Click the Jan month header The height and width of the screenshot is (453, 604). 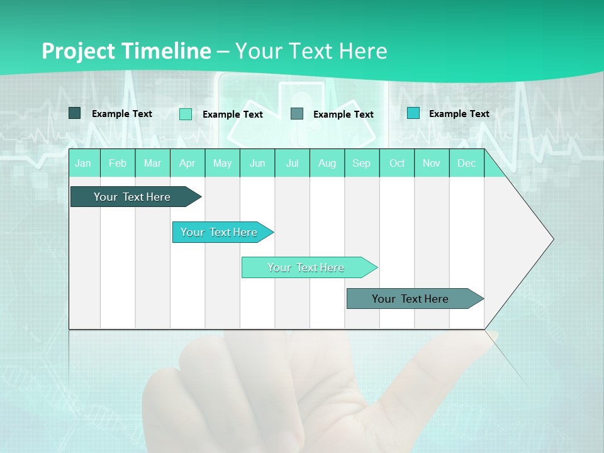(x=83, y=163)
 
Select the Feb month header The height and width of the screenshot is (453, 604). (x=118, y=163)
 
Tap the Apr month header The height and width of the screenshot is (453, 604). (x=187, y=163)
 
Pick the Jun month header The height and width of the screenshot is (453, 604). (x=257, y=163)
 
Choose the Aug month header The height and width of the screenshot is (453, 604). (x=327, y=163)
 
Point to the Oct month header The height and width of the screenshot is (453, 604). (x=397, y=163)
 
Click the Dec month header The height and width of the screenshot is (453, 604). (x=467, y=163)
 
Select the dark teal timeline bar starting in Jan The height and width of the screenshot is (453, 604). (x=132, y=197)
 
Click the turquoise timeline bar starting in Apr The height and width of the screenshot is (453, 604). (x=219, y=232)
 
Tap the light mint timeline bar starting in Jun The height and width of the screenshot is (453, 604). (x=306, y=267)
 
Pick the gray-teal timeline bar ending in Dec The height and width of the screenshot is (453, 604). (x=410, y=299)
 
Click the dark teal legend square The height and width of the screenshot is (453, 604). (x=74, y=113)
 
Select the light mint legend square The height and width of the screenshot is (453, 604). (x=186, y=114)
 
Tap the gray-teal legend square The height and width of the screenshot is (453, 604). (x=297, y=114)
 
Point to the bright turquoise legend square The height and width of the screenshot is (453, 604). (x=413, y=113)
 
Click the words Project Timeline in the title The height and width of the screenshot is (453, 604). (x=126, y=51)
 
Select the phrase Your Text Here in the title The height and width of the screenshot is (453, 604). (x=311, y=51)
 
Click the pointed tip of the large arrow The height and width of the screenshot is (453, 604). (x=552, y=239)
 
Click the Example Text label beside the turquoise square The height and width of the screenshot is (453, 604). (x=459, y=113)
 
